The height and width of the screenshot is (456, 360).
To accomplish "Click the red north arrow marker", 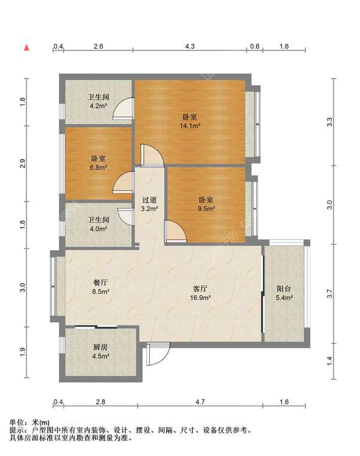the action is pos(27,47).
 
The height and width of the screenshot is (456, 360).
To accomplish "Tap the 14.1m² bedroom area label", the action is pos(190,122).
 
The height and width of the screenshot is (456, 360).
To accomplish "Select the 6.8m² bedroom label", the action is pos(98,163).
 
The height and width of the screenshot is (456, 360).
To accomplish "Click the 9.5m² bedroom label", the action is pos(206,204).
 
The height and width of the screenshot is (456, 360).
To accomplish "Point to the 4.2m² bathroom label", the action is pos(98,101).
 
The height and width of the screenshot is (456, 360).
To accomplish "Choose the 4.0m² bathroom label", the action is pos(98,224).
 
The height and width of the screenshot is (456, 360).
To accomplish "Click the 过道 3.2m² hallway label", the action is pos(149,204).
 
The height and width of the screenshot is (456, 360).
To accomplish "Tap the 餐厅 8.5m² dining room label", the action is pos(101,287).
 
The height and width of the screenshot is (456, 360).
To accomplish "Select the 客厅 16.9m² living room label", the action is pos(200,293).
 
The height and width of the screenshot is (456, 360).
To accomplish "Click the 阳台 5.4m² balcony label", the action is pos(284,293).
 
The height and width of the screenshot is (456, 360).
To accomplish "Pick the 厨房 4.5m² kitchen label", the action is pos(101,352).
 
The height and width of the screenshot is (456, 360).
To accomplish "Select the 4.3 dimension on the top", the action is pos(190,46).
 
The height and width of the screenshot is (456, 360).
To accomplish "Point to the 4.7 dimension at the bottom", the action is pos(200,402).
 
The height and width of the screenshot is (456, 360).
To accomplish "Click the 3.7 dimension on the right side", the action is pos(329,293).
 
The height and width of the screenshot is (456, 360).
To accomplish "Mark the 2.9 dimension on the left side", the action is pos(23,163).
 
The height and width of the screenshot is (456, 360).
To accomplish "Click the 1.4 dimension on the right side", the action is pos(329,361).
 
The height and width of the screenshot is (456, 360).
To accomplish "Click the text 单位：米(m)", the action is pos(29,422).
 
